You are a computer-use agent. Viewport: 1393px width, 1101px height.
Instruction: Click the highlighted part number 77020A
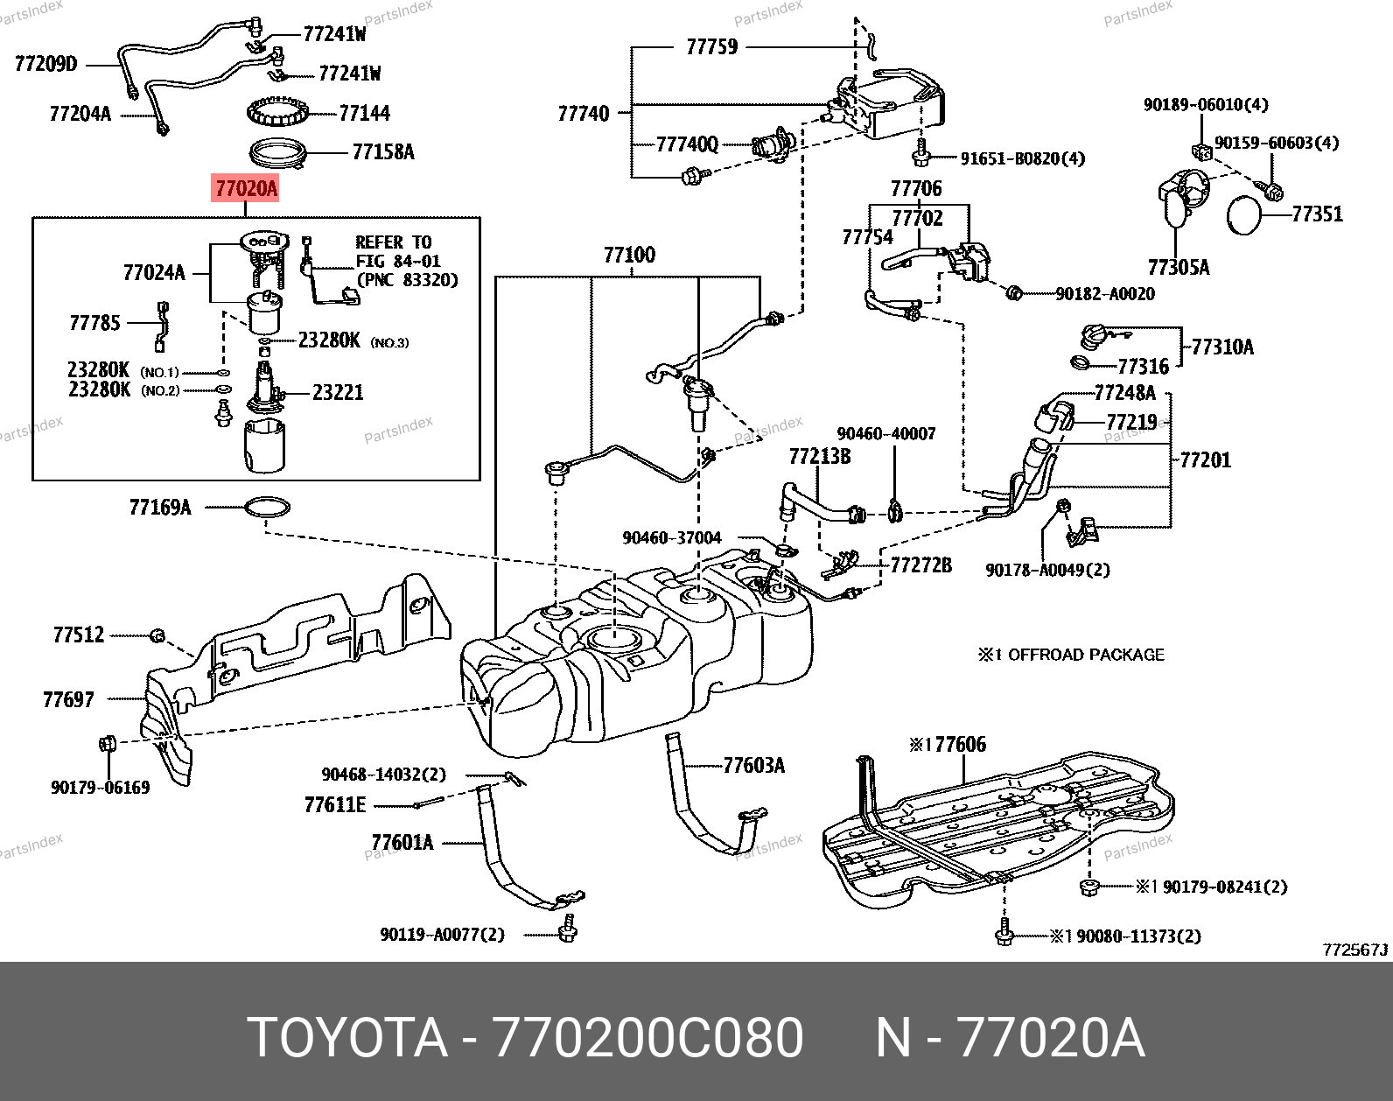(246, 188)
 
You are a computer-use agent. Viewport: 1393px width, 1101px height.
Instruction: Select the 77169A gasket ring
(267, 507)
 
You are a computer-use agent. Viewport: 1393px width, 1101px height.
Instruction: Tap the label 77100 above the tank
(629, 255)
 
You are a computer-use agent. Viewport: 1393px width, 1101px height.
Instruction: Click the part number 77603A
(753, 766)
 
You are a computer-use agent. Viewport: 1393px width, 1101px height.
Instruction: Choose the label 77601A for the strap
(402, 843)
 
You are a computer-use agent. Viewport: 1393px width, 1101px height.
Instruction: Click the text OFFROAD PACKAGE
(1086, 655)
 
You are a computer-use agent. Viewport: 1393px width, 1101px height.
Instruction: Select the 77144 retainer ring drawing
(277, 112)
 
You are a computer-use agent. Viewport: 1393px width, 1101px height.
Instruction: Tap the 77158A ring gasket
(279, 154)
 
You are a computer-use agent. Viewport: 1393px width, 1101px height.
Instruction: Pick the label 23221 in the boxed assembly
(338, 393)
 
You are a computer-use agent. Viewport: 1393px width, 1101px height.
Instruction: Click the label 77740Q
(687, 144)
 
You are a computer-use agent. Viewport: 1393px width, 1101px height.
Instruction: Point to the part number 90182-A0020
(1104, 294)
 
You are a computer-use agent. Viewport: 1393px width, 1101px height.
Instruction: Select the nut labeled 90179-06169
(108, 745)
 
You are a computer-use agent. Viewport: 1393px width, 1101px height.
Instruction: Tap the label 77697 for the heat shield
(68, 699)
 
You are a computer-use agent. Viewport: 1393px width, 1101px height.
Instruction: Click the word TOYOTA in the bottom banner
(347, 1038)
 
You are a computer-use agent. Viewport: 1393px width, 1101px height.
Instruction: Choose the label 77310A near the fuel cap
(1222, 347)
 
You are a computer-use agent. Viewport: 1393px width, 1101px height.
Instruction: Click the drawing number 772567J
(1355, 950)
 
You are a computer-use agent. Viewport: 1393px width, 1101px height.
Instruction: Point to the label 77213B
(819, 456)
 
